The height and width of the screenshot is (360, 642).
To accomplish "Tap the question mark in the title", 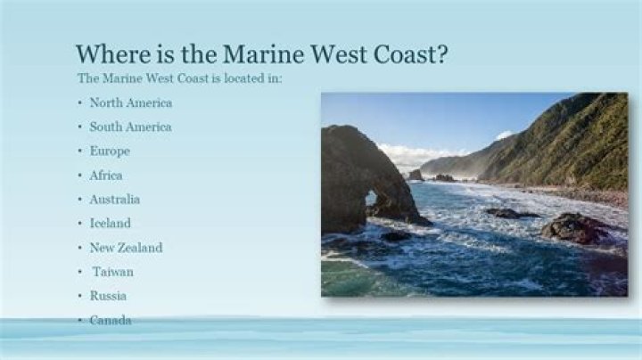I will point(440,54).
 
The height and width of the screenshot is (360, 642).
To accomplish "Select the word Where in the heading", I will point(111,54).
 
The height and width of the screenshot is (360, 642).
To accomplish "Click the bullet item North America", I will point(130,102).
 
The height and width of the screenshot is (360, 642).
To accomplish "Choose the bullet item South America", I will point(130,127).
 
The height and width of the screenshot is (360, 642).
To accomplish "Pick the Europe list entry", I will point(110,151).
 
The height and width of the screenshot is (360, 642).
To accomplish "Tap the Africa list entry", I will point(106,175).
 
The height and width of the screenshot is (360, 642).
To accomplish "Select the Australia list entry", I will point(114,199).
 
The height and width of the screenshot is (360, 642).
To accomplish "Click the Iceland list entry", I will point(110,223).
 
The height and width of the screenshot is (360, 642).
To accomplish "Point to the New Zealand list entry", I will point(126,247).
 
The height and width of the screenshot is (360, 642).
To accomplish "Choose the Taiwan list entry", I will point(112,271).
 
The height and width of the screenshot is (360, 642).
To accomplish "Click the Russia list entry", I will point(108,295).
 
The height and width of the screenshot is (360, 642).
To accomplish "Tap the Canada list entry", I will point(111,319).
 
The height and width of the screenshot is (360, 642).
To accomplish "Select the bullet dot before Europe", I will point(79,151).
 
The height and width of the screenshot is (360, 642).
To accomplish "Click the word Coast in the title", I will point(400,54).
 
